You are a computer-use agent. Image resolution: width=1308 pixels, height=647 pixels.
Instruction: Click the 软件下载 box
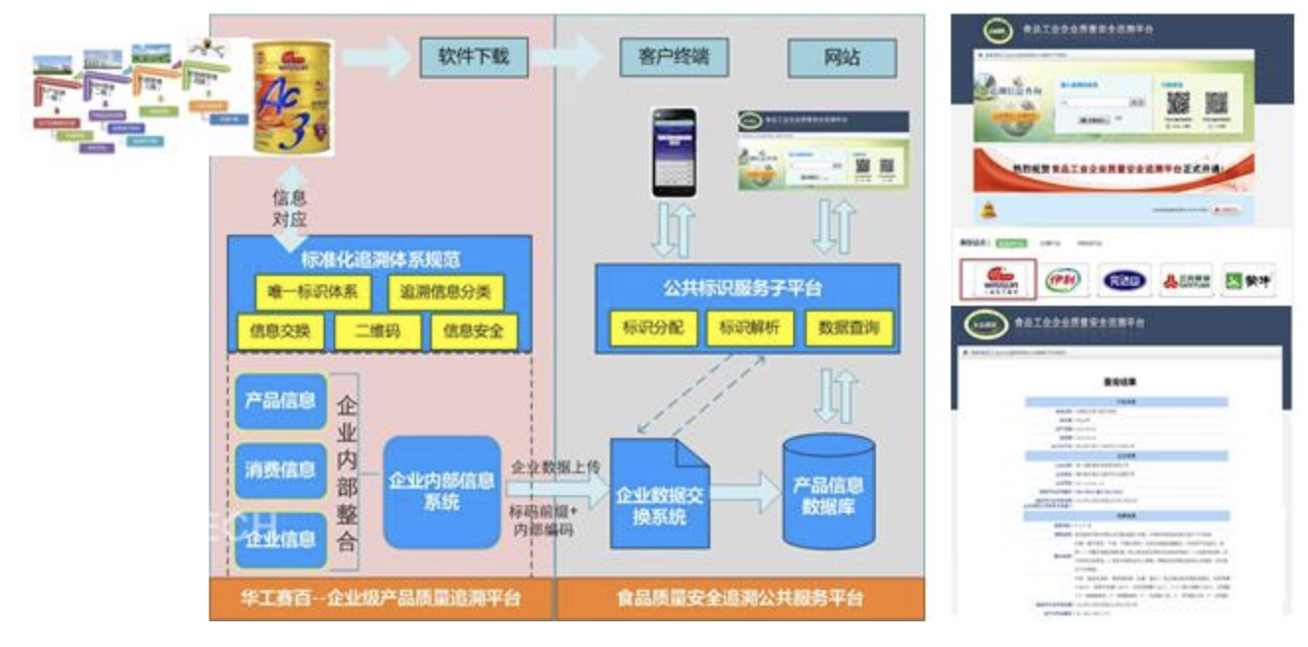point(473,56)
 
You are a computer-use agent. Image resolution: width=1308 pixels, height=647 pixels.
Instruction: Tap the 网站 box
point(841,57)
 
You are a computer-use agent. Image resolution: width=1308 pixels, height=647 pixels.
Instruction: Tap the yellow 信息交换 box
point(280,331)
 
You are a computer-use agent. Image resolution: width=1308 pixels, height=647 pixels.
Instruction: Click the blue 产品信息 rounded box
point(280,400)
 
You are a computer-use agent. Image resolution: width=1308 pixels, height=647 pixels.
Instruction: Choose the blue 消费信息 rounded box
point(280,469)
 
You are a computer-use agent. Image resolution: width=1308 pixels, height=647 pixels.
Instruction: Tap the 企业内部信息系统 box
point(442,491)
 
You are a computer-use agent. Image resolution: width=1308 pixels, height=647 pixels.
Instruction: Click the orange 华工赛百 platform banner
point(381,599)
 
